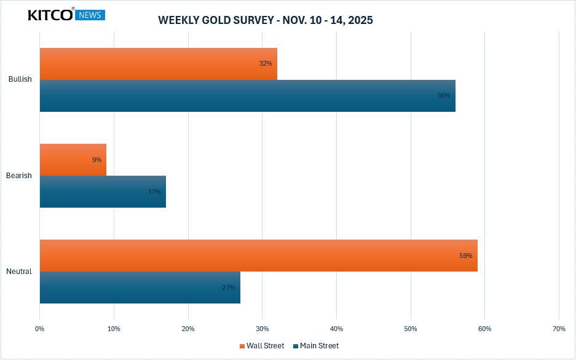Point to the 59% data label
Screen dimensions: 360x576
(466, 256)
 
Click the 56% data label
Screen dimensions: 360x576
(444, 96)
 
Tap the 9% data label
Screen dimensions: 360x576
(97, 160)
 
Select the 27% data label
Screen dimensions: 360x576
(229, 288)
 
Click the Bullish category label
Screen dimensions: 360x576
(20, 79)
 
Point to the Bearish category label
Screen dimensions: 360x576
(19, 176)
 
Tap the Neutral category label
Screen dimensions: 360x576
(19, 272)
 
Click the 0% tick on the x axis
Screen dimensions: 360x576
(40, 329)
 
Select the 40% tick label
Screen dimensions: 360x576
(336, 329)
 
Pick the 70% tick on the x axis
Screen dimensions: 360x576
(559, 329)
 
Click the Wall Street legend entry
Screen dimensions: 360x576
(262, 346)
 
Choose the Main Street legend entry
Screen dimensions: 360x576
(316, 346)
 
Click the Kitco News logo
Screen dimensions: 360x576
(66, 15)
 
